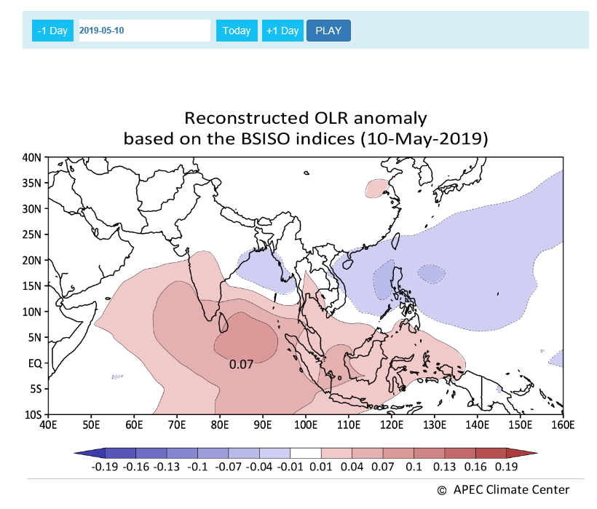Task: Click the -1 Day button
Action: pos(52,31)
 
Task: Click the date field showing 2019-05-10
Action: pos(144,31)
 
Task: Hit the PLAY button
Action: pos(328,31)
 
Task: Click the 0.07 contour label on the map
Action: pos(241,363)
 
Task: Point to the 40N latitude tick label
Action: pos(31,157)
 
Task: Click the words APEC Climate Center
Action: pos(510,489)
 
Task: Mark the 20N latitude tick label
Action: pos(31,260)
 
